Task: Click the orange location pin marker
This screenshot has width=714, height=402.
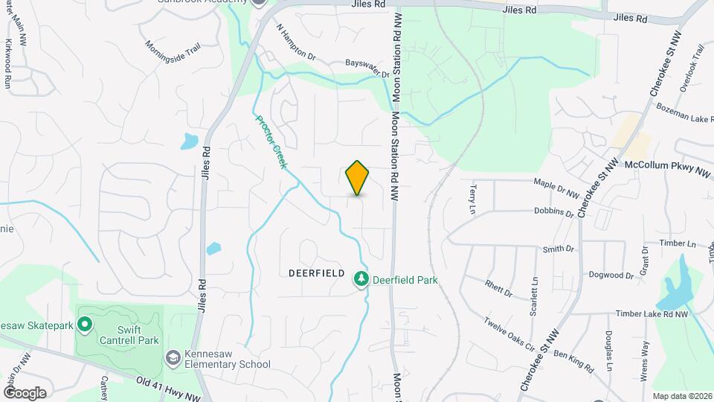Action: (358, 177)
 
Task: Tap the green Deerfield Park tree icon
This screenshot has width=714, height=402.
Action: (361, 278)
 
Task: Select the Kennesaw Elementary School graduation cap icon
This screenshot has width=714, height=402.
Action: (173, 358)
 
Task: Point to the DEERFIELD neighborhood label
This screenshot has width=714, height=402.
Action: (316, 273)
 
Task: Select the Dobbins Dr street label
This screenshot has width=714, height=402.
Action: (554, 212)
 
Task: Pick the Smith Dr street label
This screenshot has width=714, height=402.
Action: (559, 249)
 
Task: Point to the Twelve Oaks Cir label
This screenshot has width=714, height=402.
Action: (510, 334)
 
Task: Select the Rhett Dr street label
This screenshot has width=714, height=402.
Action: (499, 288)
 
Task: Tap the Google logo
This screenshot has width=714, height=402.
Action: (25, 392)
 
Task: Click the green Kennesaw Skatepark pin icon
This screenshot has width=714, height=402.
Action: (85, 323)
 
